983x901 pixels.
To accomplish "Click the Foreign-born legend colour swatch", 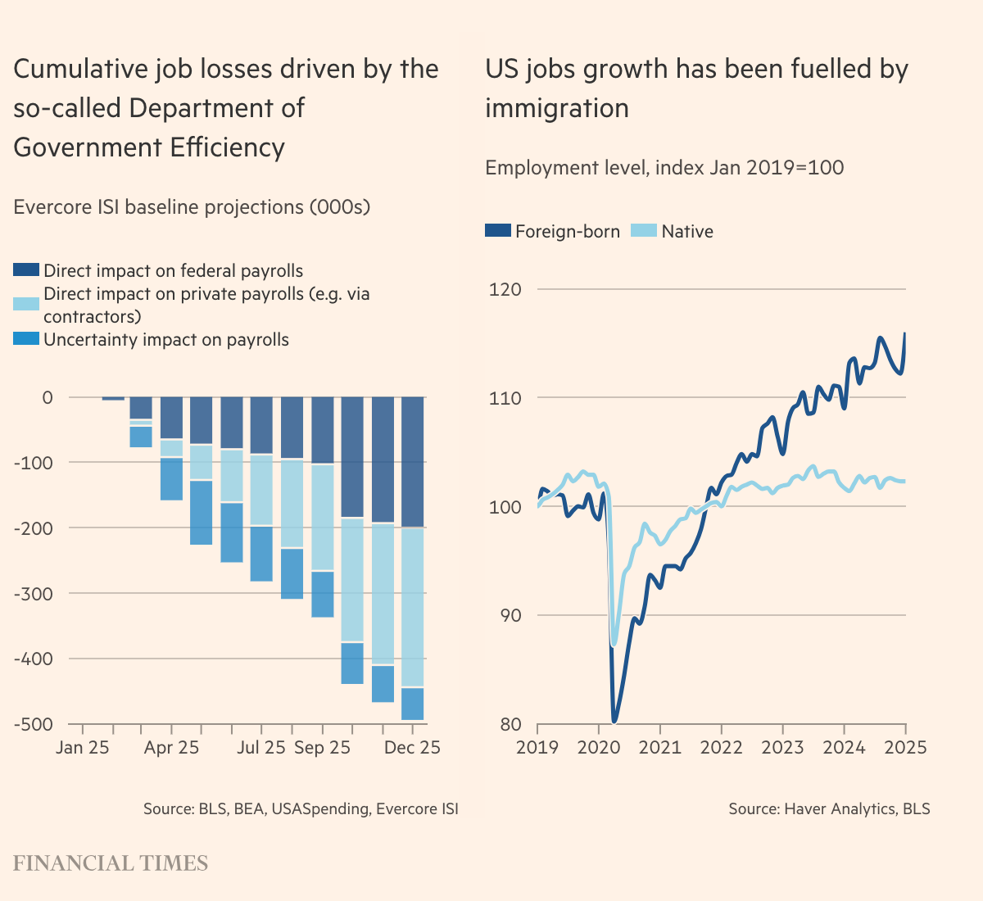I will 498,231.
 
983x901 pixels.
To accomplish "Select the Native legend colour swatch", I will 644,231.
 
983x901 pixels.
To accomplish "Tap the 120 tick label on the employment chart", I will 505,289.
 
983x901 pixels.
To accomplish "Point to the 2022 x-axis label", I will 721,748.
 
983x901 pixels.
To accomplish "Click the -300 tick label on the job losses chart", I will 33,593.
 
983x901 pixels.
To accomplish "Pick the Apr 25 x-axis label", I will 171,748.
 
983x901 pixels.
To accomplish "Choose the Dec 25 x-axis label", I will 412,748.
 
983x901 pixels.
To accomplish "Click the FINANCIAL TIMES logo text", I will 111,863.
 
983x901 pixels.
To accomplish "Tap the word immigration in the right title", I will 557,108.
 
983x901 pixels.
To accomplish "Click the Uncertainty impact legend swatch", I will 26,339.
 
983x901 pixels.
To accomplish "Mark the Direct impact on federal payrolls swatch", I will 26,270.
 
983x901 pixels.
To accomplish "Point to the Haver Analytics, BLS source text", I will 829,809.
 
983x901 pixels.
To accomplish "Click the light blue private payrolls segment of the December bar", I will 412,607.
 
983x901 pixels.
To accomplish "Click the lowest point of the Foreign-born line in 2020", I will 614,722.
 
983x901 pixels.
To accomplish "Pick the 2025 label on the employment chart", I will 905,748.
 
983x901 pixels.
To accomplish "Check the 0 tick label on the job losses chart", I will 47,397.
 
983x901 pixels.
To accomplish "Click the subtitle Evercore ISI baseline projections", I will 192,207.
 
